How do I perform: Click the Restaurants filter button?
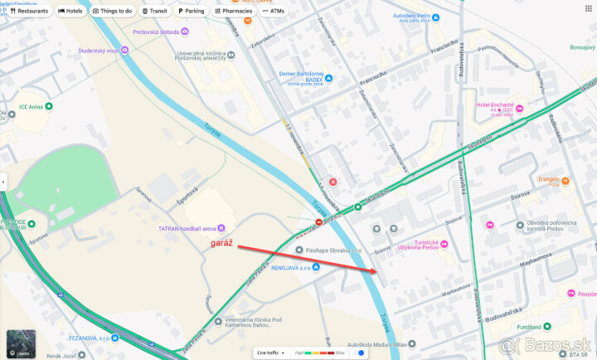point(29,11)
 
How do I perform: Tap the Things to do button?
point(112,11)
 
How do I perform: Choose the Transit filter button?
point(154,11)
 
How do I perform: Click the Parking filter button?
point(191,11)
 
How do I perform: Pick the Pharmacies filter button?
point(233,11)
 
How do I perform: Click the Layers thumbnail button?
point(21,343)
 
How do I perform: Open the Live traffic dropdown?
point(271,353)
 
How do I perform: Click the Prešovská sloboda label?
point(155,32)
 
